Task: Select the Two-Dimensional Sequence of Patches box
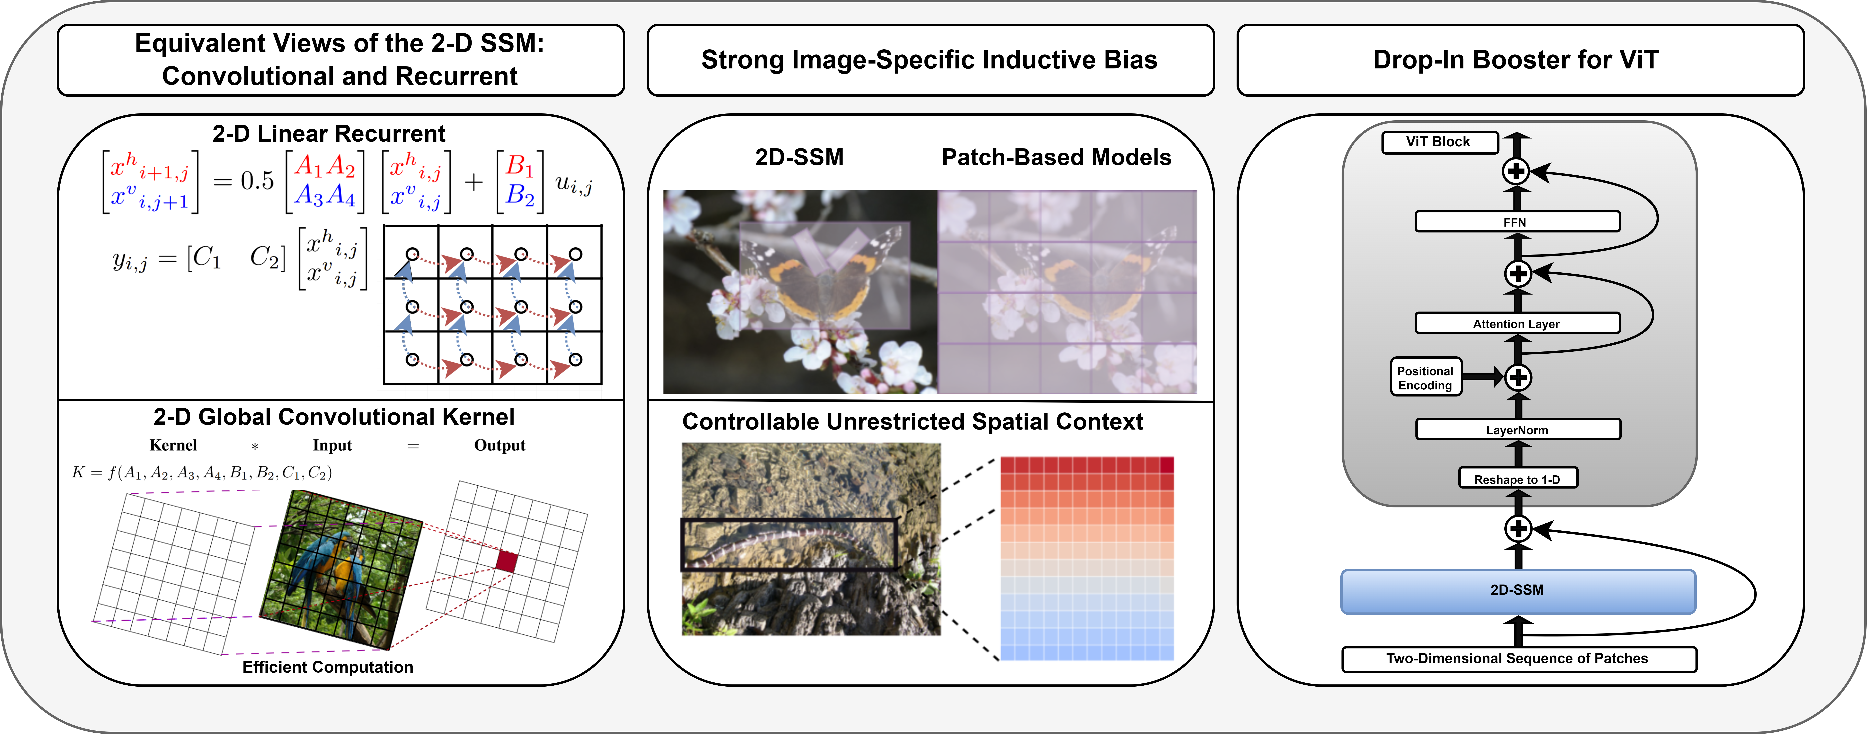[x=1518, y=658]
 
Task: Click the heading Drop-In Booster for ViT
[x=1516, y=59]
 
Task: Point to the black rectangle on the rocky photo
[x=789, y=544]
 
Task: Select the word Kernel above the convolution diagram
[x=173, y=445]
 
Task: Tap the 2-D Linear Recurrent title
[x=329, y=134]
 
